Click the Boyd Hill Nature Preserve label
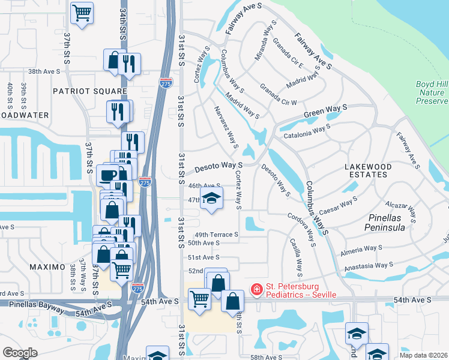click(x=431, y=92)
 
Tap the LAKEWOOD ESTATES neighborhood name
click(x=377, y=170)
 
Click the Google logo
click(x=20, y=353)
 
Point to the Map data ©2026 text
click(x=423, y=355)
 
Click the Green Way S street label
click(x=325, y=112)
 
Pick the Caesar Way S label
click(x=339, y=205)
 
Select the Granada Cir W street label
click(x=278, y=94)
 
